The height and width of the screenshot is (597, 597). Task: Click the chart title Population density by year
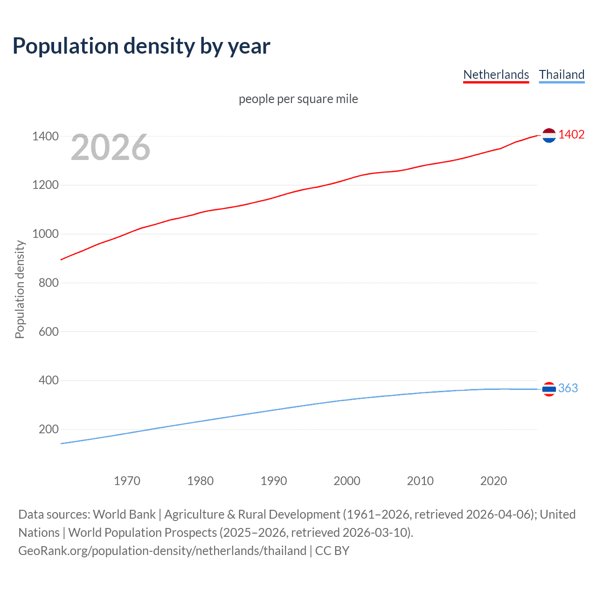pos(141,46)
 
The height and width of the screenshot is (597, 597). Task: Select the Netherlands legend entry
pos(496,75)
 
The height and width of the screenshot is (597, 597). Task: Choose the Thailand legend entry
pos(562,75)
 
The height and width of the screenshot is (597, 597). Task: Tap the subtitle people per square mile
pos(298,99)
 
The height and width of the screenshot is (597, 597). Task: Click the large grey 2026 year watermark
pos(111,147)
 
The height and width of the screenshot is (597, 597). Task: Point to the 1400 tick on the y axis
pos(45,137)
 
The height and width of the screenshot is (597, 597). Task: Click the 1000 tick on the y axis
pos(45,234)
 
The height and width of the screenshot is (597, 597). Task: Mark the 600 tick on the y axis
pos(48,332)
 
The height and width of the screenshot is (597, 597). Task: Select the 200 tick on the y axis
pos(48,429)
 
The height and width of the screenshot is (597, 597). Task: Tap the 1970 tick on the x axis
pos(127,481)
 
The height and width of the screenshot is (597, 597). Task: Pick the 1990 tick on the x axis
pos(274,481)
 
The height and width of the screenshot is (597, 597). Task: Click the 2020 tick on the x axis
pos(493,481)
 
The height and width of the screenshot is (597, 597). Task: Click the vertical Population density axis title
pos(20,289)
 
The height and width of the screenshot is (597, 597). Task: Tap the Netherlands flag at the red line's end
pos(549,135)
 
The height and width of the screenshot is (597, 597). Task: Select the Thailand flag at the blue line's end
pos(549,389)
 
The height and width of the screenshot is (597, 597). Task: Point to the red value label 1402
pos(571,134)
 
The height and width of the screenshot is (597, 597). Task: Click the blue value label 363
pos(568,388)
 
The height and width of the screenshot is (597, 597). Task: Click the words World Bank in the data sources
pos(124,514)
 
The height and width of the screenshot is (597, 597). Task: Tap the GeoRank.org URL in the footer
pos(162,551)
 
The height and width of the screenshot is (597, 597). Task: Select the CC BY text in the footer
pos(332,551)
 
